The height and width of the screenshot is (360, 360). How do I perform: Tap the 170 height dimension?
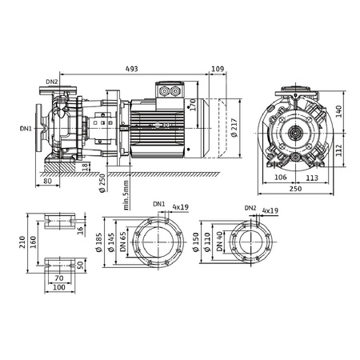point(193,104)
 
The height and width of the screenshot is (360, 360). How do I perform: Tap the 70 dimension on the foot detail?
point(60,278)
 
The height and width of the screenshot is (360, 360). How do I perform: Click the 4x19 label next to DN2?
point(270,210)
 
